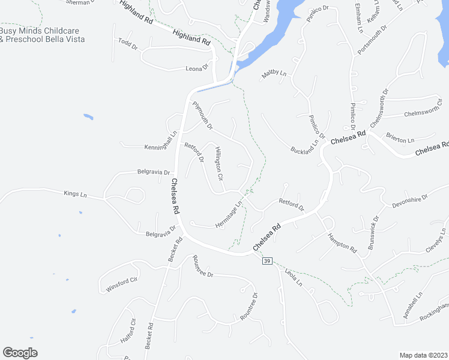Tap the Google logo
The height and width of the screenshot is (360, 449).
[20, 353]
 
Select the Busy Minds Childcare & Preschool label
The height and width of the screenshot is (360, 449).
[42, 35]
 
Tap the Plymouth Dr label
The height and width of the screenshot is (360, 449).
[202, 115]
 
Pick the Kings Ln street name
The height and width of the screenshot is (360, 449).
[75, 194]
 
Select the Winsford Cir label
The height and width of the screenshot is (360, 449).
[122, 280]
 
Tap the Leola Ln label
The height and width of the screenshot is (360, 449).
[294, 277]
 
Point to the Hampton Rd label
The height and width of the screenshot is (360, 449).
[342, 242]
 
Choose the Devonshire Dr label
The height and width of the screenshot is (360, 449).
[409, 200]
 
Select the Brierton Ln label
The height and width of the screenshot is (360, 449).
[400, 138]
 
